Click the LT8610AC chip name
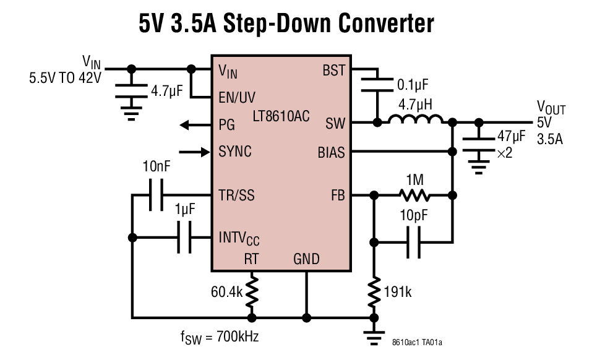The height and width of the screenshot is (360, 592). (x=281, y=116)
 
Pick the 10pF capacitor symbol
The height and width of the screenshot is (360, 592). (x=414, y=241)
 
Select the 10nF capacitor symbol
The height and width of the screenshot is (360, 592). (x=155, y=195)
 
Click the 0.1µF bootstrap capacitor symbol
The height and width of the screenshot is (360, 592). (x=376, y=85)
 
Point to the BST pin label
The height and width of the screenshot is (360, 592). (x=334, y=70)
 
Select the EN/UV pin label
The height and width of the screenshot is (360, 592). (x=237, y=98)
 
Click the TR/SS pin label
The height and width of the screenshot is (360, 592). (x=236, y=195)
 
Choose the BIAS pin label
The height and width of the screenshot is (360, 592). (x=331, y=152)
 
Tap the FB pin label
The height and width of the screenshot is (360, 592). (x=337, y=195)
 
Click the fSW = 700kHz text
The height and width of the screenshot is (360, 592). (x=219, y=337)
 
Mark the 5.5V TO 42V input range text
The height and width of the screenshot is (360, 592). (x=64, y=79)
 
